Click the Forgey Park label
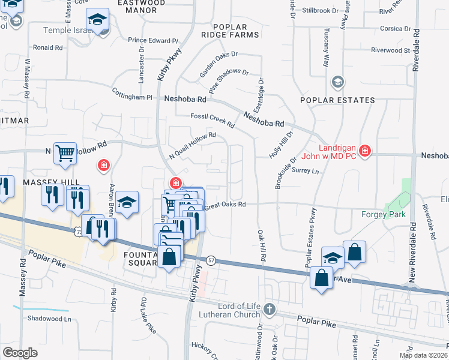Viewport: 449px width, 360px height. (x=384, y=214)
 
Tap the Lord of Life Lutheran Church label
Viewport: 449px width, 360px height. (x=231, y=311)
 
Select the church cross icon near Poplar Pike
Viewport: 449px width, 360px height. (x=270, y=309)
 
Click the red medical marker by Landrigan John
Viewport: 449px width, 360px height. (x=364, y=150)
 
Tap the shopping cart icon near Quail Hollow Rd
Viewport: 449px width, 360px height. (x=65, y=152)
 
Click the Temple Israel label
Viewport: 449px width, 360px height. (x=70, y=30)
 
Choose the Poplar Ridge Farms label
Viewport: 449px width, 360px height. (x=236, y=30)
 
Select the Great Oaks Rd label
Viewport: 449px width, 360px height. (x=226, y=205)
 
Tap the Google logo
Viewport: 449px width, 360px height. (x=19, y=352)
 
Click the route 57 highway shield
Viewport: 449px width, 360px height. (x=211, y=261)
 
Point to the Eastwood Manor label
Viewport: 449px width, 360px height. (x=140, y=7)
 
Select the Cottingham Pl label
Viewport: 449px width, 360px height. (x=132, y=96)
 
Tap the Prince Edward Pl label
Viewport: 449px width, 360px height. (x=154, y=41)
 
